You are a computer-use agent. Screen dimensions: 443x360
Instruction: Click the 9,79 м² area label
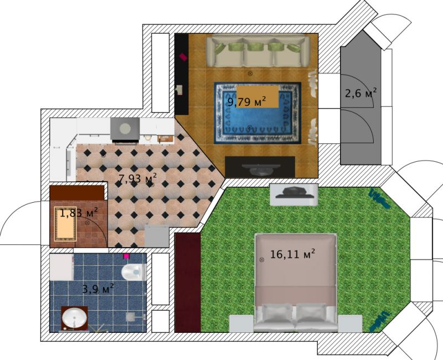[x=246, y=101]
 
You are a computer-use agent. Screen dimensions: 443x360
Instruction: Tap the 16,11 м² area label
[x=292, y=254]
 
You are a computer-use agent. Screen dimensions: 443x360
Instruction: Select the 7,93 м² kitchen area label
[x=137, y=178]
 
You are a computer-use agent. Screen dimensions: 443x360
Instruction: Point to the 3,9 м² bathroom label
[x=98, y=289]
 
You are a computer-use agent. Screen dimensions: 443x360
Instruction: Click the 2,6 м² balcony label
[x=361, y=92]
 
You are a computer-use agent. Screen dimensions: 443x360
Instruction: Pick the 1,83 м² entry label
[x=79, y=213]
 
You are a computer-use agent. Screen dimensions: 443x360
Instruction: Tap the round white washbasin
[x=74, y=317]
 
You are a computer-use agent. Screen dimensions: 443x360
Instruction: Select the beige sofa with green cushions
[x=257, y=51]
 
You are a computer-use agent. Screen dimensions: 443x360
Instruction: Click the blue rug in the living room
[x=257, y=113]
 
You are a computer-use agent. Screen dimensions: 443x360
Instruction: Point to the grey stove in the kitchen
[x=125, y=130]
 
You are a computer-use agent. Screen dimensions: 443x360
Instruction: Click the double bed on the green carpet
[x=296, y=282]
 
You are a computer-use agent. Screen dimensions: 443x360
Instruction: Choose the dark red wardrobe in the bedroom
[x=188, y=282]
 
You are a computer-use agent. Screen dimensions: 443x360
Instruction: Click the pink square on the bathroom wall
[x=126, y=256]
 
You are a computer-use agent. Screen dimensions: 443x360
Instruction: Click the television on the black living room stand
[x=260, y=169]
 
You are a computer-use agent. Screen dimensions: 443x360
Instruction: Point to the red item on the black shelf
[x=183, y=57]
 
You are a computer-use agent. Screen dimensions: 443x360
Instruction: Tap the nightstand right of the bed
[x=350, y=323]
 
